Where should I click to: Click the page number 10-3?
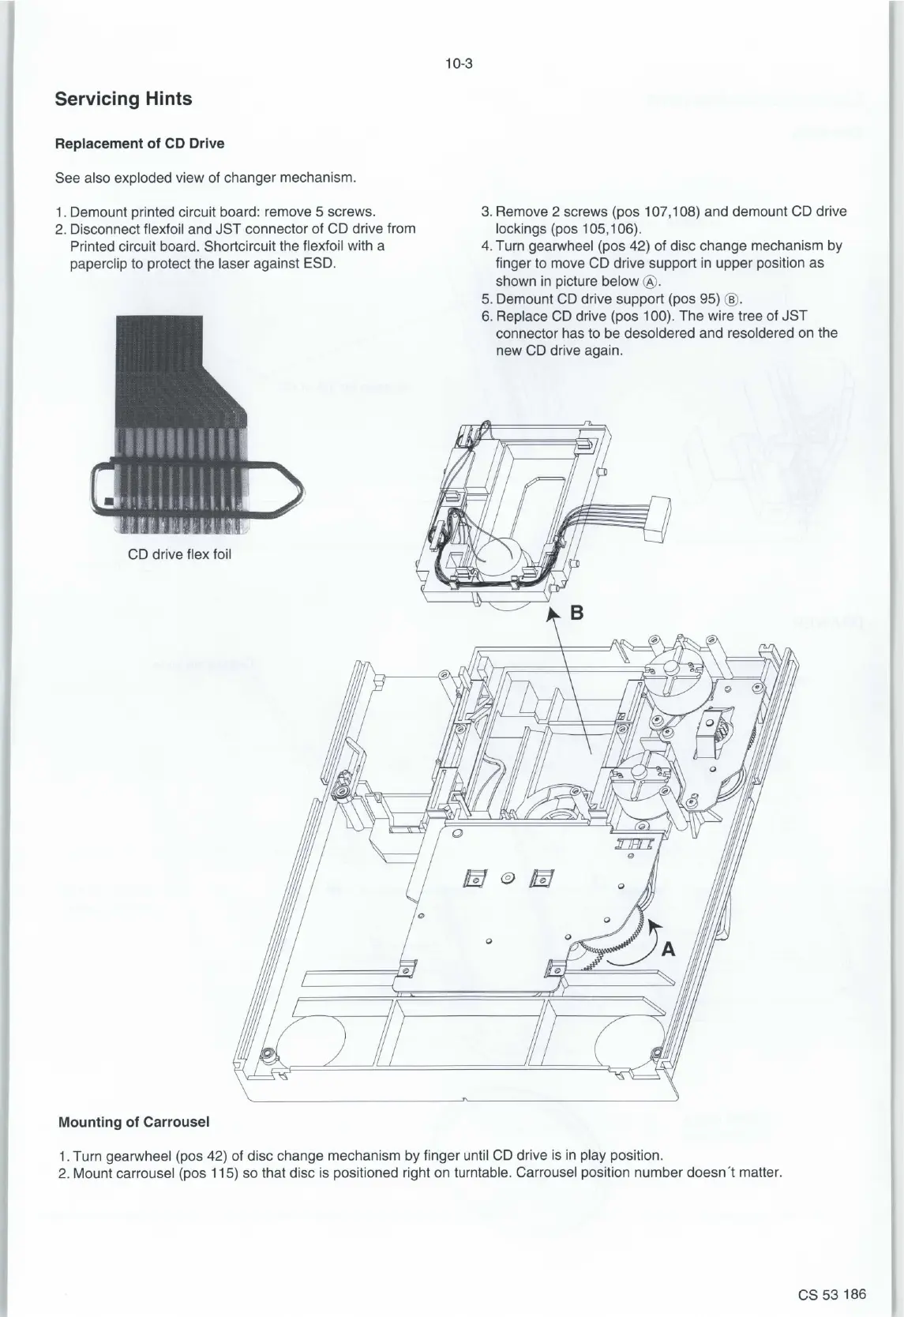click(x=458, y=64)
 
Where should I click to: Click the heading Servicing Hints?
click(x=123, y=99)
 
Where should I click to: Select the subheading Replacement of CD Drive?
click(x=140, y=143)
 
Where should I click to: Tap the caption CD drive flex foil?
click(x=179, y=553)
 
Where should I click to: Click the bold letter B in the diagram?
click(x=577, y=613)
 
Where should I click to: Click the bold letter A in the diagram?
click(x=668, y=949)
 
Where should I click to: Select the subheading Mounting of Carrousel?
click(x=134, y=1122)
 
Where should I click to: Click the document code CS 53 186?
click(x=832, y=1293)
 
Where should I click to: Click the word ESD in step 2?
click(x=321, y=263)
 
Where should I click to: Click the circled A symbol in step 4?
click(x=650, y=282)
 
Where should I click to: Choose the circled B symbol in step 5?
click(x=731, y=299)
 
